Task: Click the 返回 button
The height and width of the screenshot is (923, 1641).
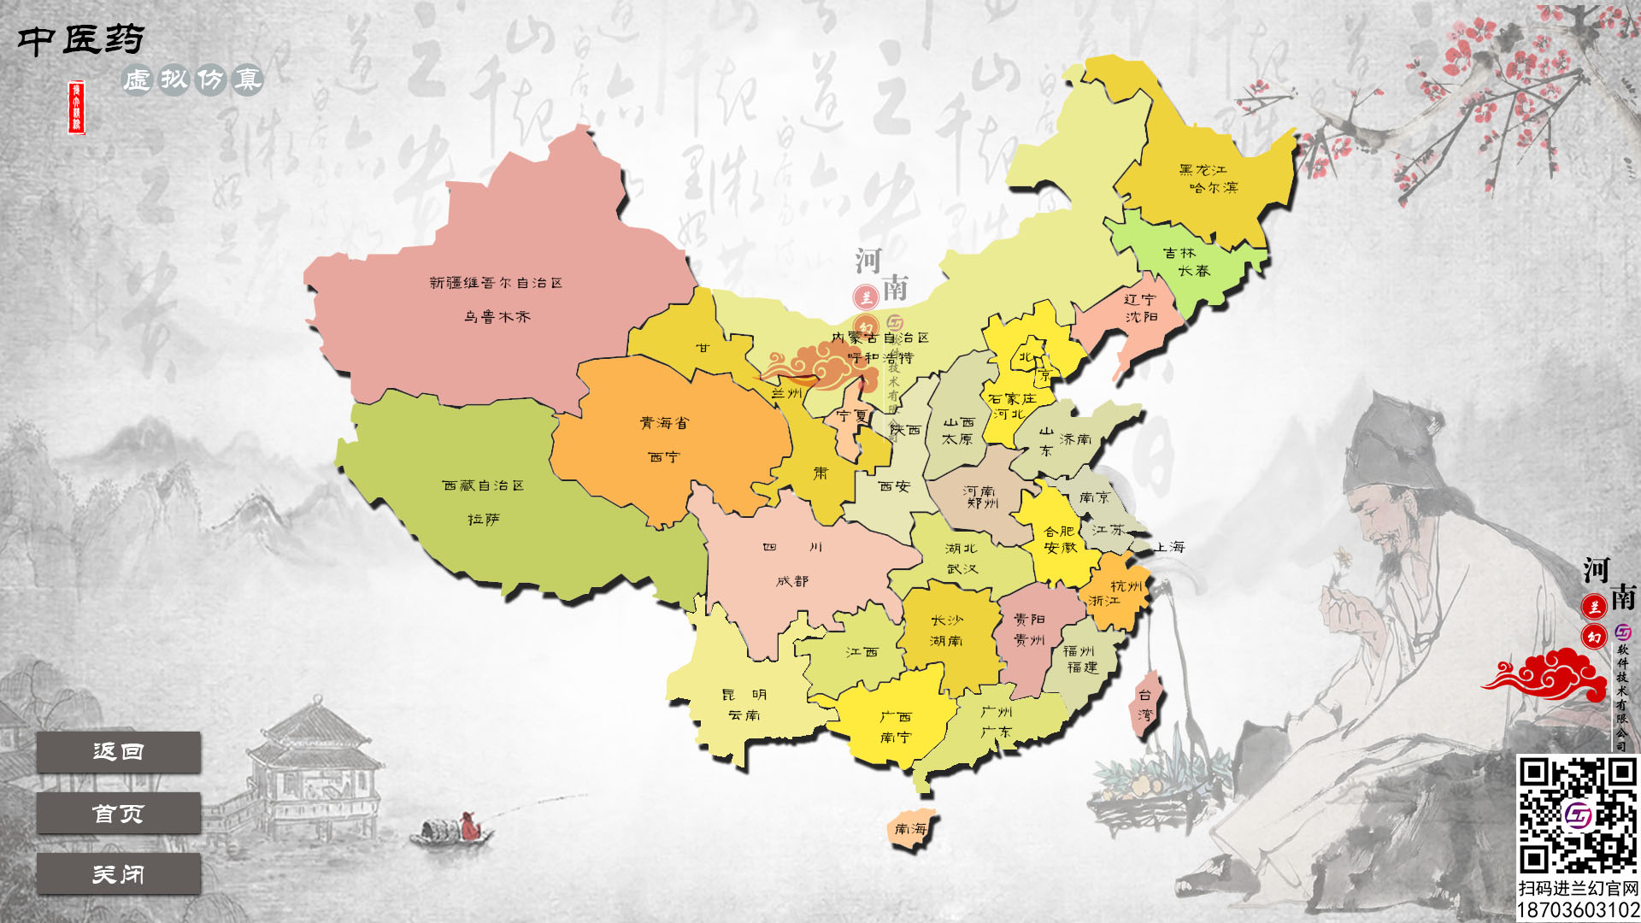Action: (x=118, y=752)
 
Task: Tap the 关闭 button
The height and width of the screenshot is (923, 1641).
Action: (x=118, y=874)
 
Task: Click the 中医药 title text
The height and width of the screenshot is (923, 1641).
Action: (x=81, y=39)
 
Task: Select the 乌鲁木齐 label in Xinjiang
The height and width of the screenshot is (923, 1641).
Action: (x=497, y=317)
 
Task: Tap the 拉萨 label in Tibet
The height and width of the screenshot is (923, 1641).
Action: (x=484, y=520)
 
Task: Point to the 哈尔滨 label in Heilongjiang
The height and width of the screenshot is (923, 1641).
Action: (x=1213, y=188)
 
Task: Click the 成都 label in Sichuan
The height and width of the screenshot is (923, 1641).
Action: (x=792, y=581)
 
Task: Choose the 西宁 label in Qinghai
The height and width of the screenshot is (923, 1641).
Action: (x=664, y=457)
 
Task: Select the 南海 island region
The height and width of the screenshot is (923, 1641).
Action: (x=911, y=829)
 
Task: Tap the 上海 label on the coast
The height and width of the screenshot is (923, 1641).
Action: (x=1170, y=547)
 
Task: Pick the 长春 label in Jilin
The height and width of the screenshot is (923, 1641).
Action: (x=1194, y=271)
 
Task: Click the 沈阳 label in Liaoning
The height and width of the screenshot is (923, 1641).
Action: (x=1141, y=317)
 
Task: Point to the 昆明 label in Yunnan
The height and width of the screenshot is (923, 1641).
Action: (x=744, y=695)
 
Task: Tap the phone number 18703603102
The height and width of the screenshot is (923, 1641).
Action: (x=1578, y=910)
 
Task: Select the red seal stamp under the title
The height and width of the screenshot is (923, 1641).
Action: (x=77, y=108)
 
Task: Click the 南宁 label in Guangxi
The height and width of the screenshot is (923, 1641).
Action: (x=896, y=738)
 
